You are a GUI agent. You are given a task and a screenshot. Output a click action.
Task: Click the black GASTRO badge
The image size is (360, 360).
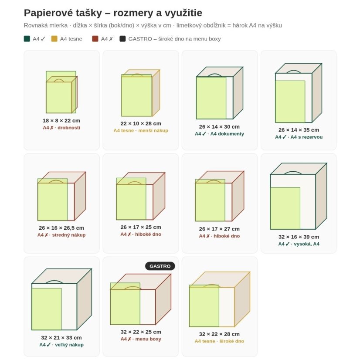point(160,266)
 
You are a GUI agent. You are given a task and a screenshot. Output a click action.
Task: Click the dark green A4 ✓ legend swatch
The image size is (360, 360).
point(27,38)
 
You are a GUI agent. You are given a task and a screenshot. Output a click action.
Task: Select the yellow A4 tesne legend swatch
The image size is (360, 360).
point(54,38)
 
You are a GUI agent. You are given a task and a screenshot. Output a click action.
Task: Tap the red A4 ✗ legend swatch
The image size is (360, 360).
point(95,38)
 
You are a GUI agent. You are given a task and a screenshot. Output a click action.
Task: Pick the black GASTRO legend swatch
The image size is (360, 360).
point(122,38)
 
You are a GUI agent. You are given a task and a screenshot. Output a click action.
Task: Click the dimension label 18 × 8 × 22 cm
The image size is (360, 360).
point(61,121)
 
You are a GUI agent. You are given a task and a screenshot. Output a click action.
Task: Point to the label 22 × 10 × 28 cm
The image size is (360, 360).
point(141,123)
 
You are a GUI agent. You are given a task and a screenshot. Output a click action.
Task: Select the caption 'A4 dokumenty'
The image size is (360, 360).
point(227,134)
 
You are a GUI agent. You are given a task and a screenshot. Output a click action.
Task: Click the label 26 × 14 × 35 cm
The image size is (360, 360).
point(299,130)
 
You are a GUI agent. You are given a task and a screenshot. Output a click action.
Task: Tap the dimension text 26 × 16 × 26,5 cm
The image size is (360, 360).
point(61,228)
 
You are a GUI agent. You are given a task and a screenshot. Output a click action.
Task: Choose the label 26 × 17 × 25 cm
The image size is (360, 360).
point(141,228)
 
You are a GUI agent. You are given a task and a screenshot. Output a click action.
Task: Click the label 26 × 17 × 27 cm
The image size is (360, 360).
point(219,229)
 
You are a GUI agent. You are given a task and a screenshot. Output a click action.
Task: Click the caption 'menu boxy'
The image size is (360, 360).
point(148,339)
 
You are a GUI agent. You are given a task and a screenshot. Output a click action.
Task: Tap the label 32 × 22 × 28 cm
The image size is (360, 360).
point(219,334)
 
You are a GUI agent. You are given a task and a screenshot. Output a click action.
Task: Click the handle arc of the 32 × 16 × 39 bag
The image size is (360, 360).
point(293,172)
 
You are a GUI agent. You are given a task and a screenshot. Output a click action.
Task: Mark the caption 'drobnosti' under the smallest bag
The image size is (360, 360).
point(69,128)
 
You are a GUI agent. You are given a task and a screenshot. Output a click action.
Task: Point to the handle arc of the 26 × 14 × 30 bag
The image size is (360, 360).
point(214,75)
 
